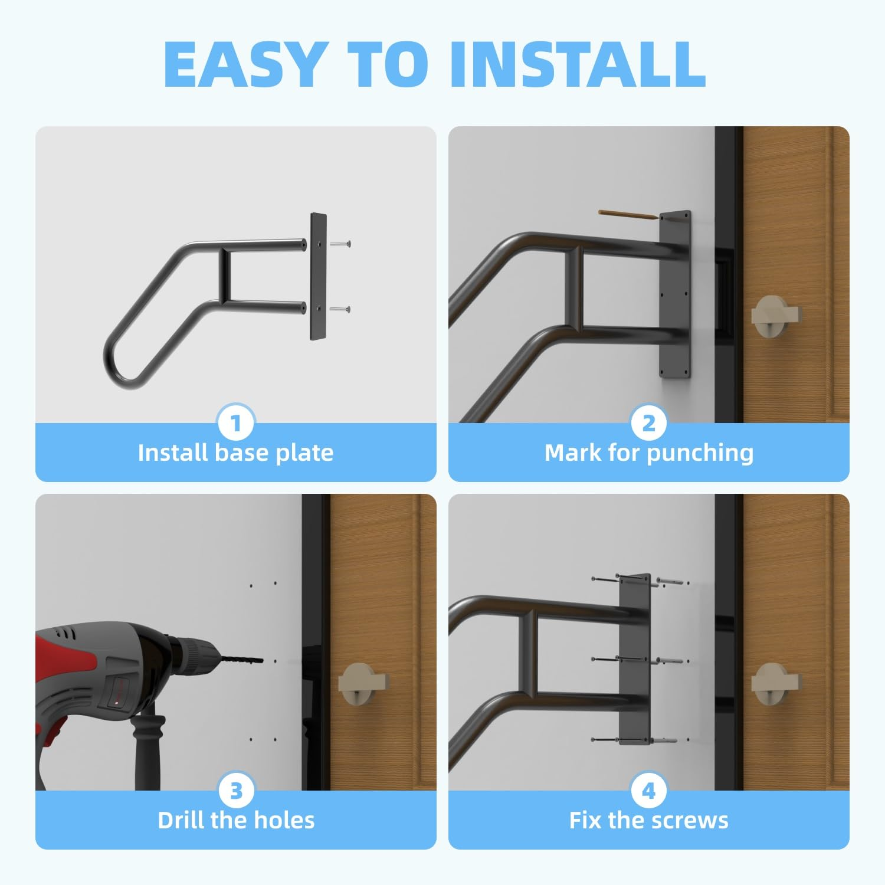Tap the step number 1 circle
pos(236,423)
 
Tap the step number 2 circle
pos(649,423)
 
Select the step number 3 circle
pos(236,791)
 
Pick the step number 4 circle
pos(649,791)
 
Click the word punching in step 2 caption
pos(700,453)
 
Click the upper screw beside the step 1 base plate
pos(341,243)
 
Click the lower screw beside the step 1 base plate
pos(341,309)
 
